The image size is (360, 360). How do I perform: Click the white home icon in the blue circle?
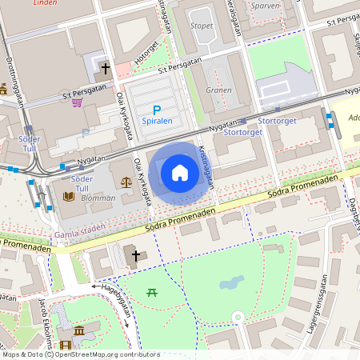pyautogui.click(x=180, y=172)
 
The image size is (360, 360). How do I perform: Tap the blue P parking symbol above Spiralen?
pyautogui.click(x=157, y=110)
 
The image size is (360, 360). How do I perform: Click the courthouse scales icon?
pyautogui.click(x=126, y=182)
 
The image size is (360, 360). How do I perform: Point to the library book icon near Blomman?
pyautogui.click(x=68, y=195)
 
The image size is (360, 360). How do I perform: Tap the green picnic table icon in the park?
pyautogui.click(x=151, y=292)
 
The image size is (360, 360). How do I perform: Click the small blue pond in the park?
pyautogui.click(x=231, y=283)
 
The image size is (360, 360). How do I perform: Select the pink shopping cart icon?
pyautogui.click(x=77, y=102)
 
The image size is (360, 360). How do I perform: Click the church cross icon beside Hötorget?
pyautogui.click(x=105, y=70)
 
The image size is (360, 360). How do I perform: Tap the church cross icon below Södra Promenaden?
pyautogui.click(x=135, y=256)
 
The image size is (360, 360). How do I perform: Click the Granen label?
pyautogui.click(x=218, y=90)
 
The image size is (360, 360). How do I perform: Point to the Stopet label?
pyautogui.click(x=202, y=26)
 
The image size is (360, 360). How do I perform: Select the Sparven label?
pyautogui.click(x=265, y=5)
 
